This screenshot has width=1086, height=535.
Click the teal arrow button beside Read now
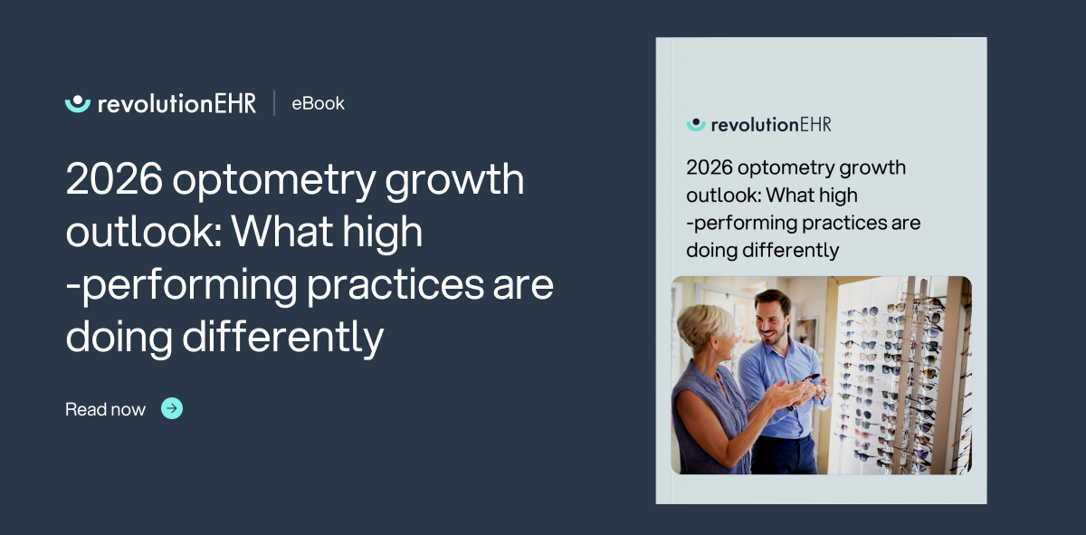[172, 408]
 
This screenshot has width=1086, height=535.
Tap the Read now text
[105, 409]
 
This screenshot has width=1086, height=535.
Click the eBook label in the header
[318, 103]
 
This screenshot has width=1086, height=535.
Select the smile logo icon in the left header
[78, 102]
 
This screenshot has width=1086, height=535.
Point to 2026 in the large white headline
[113, 180]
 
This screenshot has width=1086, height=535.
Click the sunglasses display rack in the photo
[891, 380]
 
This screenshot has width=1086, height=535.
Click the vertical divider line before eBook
[274, 102]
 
